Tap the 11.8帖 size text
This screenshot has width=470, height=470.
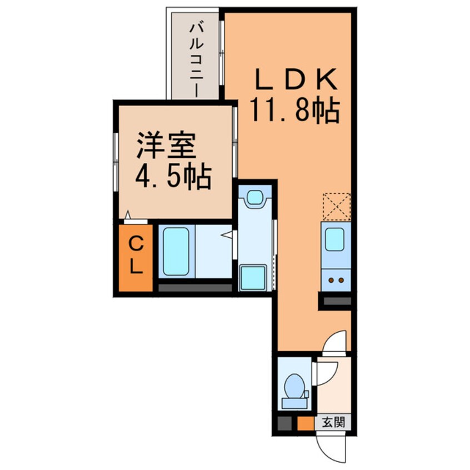(x=294, y=111)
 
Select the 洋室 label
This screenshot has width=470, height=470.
(x=166, y=146)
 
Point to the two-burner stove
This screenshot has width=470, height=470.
(x=336, y=280)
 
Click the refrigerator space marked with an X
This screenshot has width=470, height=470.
(x=336, y=206)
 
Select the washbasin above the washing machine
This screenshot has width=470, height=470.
(x=254, y=198)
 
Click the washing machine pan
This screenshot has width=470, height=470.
(x=253, y=277)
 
